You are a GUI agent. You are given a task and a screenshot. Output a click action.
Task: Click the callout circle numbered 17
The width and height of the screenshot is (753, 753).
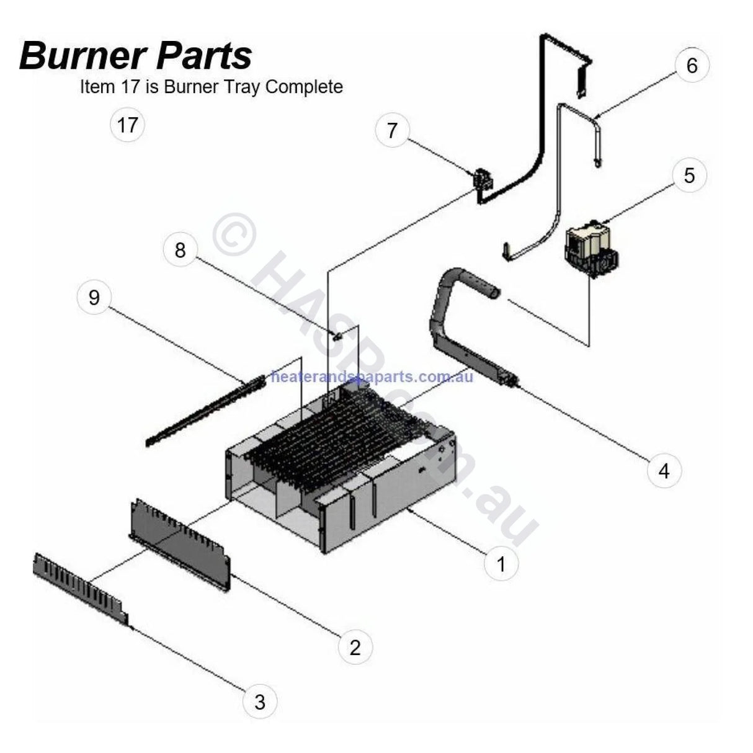(127, 125)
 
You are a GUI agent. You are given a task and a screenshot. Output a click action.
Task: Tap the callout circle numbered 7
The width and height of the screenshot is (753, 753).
(391, 130)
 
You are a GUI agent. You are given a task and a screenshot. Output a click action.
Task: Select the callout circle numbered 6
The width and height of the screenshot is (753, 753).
(692, 65)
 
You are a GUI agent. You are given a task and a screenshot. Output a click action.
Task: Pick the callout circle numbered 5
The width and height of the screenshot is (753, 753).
(689, 176)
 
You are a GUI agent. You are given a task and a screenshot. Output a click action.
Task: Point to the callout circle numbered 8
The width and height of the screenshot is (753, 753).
(180, 251)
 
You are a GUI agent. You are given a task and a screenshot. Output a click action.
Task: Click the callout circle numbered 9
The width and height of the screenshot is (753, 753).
(94, 298)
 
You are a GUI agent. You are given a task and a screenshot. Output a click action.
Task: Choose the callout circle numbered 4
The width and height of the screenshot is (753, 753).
(664, 471)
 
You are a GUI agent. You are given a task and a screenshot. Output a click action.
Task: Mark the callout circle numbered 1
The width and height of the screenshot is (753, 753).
(501, 564)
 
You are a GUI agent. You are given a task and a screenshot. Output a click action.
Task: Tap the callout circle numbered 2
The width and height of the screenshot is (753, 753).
(355, 648)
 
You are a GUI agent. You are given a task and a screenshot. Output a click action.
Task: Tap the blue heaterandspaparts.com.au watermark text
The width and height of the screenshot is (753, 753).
(372, 377)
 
